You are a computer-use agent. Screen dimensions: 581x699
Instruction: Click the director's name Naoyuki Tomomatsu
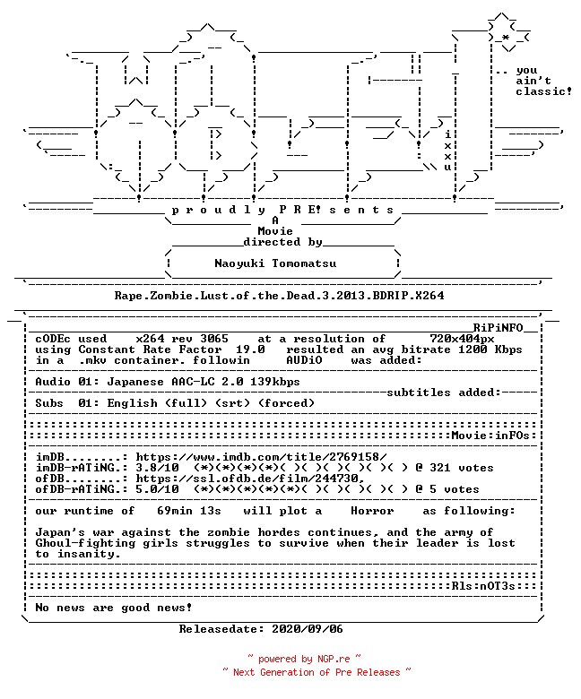pyautogui.click(x=275, y=263)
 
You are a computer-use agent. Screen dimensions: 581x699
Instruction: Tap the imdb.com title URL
pyautogui.click(x=261, y=457)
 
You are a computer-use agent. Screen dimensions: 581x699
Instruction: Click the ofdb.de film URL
pyautogui.click(x=250, y=479)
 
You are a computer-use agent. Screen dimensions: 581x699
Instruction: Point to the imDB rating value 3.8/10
pyautogui.click(x=158, y=468)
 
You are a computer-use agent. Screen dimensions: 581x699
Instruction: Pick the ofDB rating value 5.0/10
pyautogui.click(x=158, y=489)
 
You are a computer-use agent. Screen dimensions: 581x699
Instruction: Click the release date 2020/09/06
pyautogui.click(x=308, y=629)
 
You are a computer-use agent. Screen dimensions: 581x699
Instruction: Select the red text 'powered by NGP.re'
pyautogui.click(x=304, y=659)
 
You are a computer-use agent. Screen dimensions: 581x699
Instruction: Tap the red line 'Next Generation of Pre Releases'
pyautogui.click(x=317, y=672)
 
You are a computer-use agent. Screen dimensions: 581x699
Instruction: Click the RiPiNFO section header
pyautogui.click(x=498, y=328)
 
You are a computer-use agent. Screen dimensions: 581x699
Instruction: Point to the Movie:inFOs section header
pyautogui.click(x=490, y=436)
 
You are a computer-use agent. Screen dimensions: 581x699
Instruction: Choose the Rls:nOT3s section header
pyautogui.click(x=483, y=586)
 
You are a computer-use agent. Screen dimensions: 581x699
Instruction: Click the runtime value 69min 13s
pyautogui.click(x=189, y=511)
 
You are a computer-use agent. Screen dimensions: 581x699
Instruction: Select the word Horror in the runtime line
pyautogui.click(x=372, y=511)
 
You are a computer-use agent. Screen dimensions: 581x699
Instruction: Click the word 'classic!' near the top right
pyautogui.click(x=543, y=91)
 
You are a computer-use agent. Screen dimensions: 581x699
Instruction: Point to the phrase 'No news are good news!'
pyautogui.click(x=114, y=608)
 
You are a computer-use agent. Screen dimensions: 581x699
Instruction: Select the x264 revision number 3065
pyautogui.click(x=214, y=339)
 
